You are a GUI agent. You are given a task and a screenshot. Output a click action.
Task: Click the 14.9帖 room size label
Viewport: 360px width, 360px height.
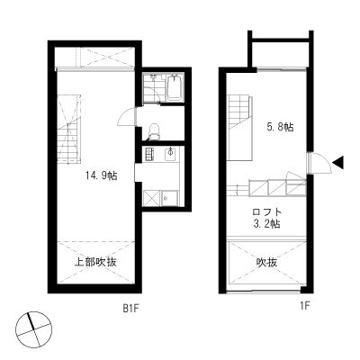click(x=102, y=175)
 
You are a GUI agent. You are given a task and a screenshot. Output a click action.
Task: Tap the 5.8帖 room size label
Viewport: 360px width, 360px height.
click(x=280, y=127)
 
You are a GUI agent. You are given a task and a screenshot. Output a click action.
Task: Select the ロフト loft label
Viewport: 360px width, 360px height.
click(x=267, y=212)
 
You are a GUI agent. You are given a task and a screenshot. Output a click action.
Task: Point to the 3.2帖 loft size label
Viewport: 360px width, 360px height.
click(x=267, y=224)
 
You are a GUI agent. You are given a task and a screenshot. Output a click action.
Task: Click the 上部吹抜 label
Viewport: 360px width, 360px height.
click(x=95, y=262)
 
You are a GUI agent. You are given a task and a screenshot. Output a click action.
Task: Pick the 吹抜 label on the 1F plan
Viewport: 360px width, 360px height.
click(x=266, y=263)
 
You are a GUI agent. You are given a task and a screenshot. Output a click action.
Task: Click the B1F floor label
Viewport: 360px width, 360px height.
click(x=131, y=308)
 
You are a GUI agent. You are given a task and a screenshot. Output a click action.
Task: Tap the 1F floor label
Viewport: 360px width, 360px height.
click(x=304, y=306)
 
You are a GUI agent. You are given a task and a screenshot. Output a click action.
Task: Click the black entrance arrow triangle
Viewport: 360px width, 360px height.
click(x=338, y=163)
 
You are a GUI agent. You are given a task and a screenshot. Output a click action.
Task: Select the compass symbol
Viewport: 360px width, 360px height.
click(x=34, y=329)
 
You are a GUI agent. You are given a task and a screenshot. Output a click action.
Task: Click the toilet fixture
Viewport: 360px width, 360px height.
click(x=155, y=131)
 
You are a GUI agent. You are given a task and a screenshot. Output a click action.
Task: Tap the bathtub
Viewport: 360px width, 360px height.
click(x=175, y=87)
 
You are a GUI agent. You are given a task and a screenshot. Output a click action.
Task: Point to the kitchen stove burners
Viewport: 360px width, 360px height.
click(x=149, y=154)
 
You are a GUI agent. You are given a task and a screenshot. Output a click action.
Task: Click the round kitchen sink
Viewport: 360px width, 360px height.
click(x=170, y=153)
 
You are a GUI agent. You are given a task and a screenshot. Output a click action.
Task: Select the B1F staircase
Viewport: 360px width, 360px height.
click(x=69, y=129)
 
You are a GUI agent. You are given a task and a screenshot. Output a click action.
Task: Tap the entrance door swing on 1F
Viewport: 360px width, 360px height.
click(x=320, y=163)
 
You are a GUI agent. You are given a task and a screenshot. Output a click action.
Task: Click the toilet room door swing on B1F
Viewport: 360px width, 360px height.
click(x=126, y=117)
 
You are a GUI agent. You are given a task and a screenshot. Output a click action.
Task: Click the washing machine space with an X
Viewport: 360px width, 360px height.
click(x=152, y=198)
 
